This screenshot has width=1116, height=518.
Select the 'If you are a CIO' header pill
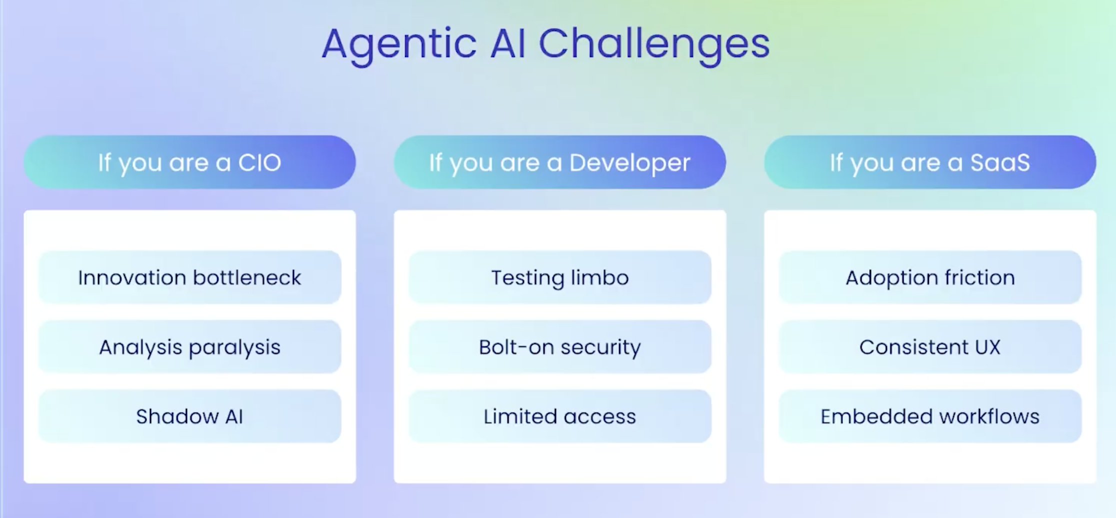click(190, 162)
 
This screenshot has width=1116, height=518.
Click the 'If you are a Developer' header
click(560, 162)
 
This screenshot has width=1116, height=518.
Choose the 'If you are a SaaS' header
click(930, 162)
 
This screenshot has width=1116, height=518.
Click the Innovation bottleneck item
click(190, 277)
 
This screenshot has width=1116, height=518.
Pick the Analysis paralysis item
click(190, 347)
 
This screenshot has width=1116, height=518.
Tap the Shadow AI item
click(190, 416)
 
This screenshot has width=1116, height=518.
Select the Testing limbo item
click(560, 277)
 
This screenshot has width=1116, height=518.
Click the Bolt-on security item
click(560, 347)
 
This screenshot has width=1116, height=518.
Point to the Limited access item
click(560, 416)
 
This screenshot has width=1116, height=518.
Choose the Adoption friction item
click(930, 277)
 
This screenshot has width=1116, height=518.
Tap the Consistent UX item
click(930, 347)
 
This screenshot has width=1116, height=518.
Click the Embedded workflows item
click(930, 416)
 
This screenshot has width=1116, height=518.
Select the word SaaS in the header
click(1000, 162)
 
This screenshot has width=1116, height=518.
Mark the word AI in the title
click(507, 43)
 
